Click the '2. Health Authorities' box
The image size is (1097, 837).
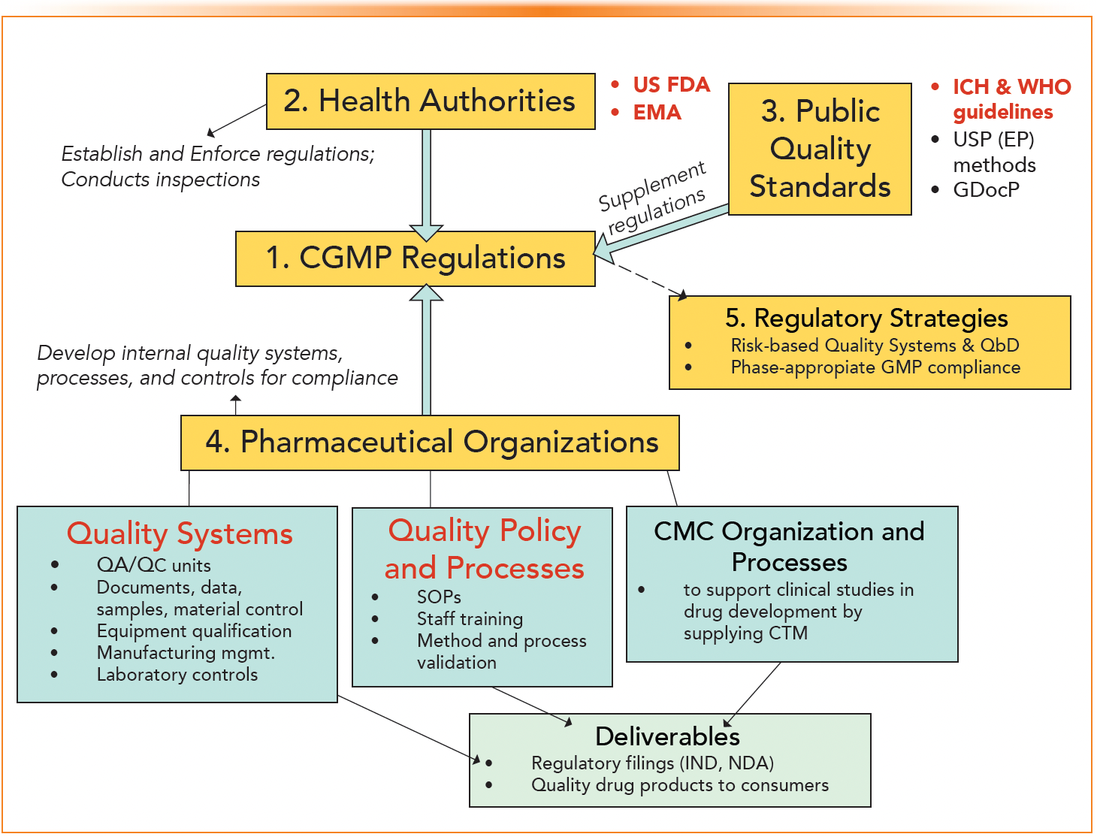pos(431,101)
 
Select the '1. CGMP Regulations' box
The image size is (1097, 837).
pos(415,258)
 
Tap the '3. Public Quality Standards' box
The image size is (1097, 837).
pos(820,149)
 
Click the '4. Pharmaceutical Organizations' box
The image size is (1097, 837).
pos(430,443)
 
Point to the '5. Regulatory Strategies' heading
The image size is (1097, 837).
pos(866,318)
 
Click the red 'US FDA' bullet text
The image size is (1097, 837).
pos(671,84)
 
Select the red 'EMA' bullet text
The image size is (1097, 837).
pos(657,113)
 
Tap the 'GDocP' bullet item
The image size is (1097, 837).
pos(986,190)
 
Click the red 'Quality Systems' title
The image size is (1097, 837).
pos(180,533)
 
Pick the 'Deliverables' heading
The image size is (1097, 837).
pos(667,736)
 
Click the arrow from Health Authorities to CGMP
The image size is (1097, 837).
pos(426,180)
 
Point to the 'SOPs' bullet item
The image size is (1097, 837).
pos(439,597)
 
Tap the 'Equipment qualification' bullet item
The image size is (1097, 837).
pos(194,631)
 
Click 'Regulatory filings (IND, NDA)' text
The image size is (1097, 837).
pos(652,763)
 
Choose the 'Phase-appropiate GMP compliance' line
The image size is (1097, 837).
pos(875,367)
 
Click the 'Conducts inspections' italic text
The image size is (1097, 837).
pos(160,180)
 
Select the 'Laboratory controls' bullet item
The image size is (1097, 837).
pos(177,675)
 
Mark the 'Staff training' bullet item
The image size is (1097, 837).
pos(470,619)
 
